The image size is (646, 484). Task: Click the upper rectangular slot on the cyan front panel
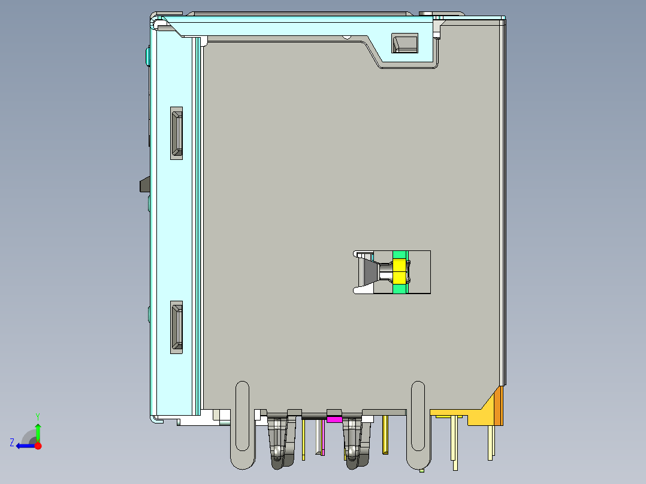tap(176, 133)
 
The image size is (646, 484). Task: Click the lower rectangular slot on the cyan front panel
tap(176, 327)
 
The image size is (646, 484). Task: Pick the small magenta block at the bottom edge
tap(334, 419)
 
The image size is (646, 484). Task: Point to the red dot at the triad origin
tap(38, 445)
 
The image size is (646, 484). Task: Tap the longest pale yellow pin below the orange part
tap(455, 443)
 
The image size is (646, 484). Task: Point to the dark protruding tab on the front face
tap(144, 184)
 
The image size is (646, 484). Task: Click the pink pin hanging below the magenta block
tap(324, 437)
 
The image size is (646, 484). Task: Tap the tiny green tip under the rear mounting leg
tap(422, 470)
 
